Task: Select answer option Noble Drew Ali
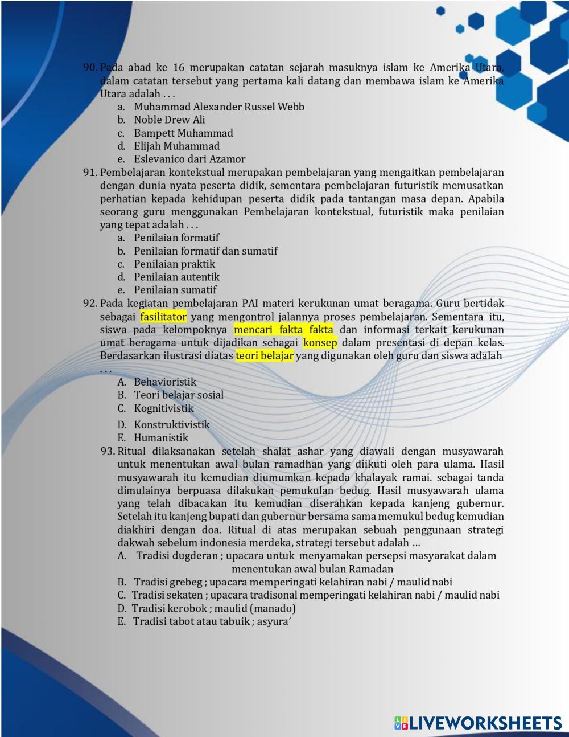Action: [169, 120]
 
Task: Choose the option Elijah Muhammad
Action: [176, 146]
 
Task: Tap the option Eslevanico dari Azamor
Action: [189, 159]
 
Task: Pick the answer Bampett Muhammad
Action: [183, 133]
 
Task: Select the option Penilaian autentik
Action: [176, 277]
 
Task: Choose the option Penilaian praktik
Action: [174, 264]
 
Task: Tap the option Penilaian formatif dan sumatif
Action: [205, 251]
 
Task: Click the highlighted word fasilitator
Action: [163, 317]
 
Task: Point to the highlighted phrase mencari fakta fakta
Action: [283, 330]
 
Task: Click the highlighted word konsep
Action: [320, 343]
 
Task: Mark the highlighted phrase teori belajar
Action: [265, 356]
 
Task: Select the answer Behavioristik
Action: [165, 382]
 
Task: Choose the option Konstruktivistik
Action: [171, 424]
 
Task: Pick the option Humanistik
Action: [161, 437]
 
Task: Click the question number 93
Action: [108, 451]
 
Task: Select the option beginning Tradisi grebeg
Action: [292, 582]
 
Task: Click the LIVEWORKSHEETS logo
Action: [478, 723]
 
